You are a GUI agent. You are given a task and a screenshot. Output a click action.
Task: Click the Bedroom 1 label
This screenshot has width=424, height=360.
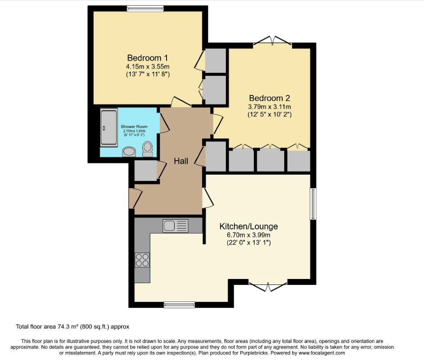(x=147, y=58)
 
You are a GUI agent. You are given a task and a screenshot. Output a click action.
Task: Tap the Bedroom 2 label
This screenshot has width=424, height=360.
(x=270, y=98)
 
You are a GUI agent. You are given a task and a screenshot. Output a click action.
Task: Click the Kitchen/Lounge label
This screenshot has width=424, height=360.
(x=248, y=226)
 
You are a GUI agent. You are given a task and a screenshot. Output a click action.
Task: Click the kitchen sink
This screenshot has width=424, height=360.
(x=175, y=225)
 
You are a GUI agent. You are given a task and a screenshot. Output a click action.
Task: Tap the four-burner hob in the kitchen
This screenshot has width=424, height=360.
(x=142, y=260)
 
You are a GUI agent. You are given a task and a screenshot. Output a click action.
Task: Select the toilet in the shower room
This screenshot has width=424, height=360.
(x=147, y=148)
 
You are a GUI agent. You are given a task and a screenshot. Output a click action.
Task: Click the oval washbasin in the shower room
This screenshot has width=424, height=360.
(x=128, y=152)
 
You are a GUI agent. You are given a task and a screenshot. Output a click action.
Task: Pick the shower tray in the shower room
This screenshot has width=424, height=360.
(x=108, y=127)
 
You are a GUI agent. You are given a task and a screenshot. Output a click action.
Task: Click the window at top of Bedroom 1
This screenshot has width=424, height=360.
(x=145, y=8)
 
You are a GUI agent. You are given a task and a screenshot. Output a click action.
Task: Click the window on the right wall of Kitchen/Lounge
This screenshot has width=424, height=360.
(x=313, y=204)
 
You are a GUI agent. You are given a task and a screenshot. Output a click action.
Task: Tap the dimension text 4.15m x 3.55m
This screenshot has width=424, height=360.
(x=147, y=66)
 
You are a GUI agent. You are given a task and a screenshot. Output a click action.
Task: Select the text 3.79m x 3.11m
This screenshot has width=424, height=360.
(x=270, y=107)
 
